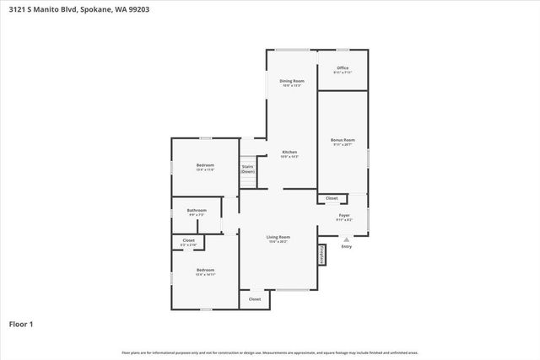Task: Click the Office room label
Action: coord(342,67)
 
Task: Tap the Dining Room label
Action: coord(292,81)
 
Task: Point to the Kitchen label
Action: coord(289,153)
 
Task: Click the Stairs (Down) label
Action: coord(248,168)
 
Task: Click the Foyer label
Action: coord(344,215)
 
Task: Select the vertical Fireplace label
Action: coord(321,254)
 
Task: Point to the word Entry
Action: coord(346,246)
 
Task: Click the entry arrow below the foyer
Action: coord(346,239)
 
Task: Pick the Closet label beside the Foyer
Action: coord(332,198)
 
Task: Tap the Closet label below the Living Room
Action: coord(255,298)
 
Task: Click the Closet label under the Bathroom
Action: coord(189,240)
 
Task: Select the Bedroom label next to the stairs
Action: coord(205,164)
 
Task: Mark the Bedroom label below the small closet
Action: coord(205,271)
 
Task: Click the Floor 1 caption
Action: coord(20,324)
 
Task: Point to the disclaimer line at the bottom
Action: coord(269,352)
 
